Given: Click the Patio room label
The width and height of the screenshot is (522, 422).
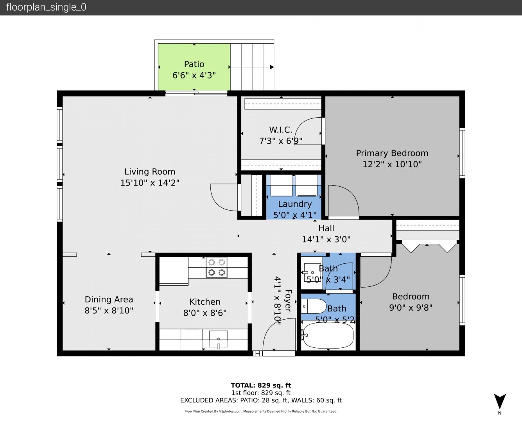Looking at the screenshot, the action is pos(194,64).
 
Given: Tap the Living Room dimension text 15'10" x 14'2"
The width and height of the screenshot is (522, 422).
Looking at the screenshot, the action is pos(150,183).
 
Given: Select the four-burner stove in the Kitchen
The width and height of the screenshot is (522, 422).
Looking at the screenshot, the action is pos(217,267).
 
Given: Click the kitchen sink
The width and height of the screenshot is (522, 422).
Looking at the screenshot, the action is pos(218,339).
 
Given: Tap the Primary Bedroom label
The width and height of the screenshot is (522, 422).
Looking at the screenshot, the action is pos(392,153).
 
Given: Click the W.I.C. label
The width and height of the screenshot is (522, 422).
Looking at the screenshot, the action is pos(281,130).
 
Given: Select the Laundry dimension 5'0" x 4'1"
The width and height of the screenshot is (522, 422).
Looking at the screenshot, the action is pos(295,215).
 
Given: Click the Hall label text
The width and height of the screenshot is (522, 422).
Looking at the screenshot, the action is pos(326,228).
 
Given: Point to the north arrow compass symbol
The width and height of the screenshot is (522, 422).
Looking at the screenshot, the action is pos(500,401).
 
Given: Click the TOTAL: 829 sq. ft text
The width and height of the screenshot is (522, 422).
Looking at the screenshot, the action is pos(261,385).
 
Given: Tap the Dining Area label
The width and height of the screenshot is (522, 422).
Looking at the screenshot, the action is pos(109,299).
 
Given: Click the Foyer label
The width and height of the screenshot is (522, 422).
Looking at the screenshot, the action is pos(289,301).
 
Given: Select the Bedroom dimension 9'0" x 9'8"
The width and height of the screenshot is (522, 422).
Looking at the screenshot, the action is pos(411,308).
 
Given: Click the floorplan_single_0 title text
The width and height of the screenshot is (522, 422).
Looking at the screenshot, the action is pos(46,7).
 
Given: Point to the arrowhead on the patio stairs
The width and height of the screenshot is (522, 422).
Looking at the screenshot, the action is pos(271,67).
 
